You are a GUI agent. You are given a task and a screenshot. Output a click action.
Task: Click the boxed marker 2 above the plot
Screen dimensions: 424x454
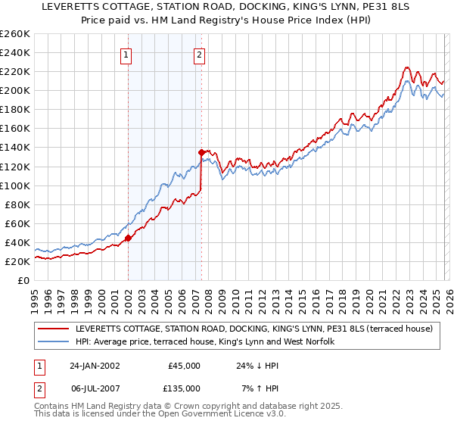click(198, 55)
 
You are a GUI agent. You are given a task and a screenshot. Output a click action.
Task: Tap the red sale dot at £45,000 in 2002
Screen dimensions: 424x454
click(128, 238)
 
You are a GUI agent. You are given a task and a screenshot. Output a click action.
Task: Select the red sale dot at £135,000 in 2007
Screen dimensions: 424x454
click(201, 152)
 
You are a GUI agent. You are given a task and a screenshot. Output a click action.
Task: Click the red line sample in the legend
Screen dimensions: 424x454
click(54, 329)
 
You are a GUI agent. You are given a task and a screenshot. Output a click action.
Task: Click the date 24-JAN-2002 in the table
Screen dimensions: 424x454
click(96, 366)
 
